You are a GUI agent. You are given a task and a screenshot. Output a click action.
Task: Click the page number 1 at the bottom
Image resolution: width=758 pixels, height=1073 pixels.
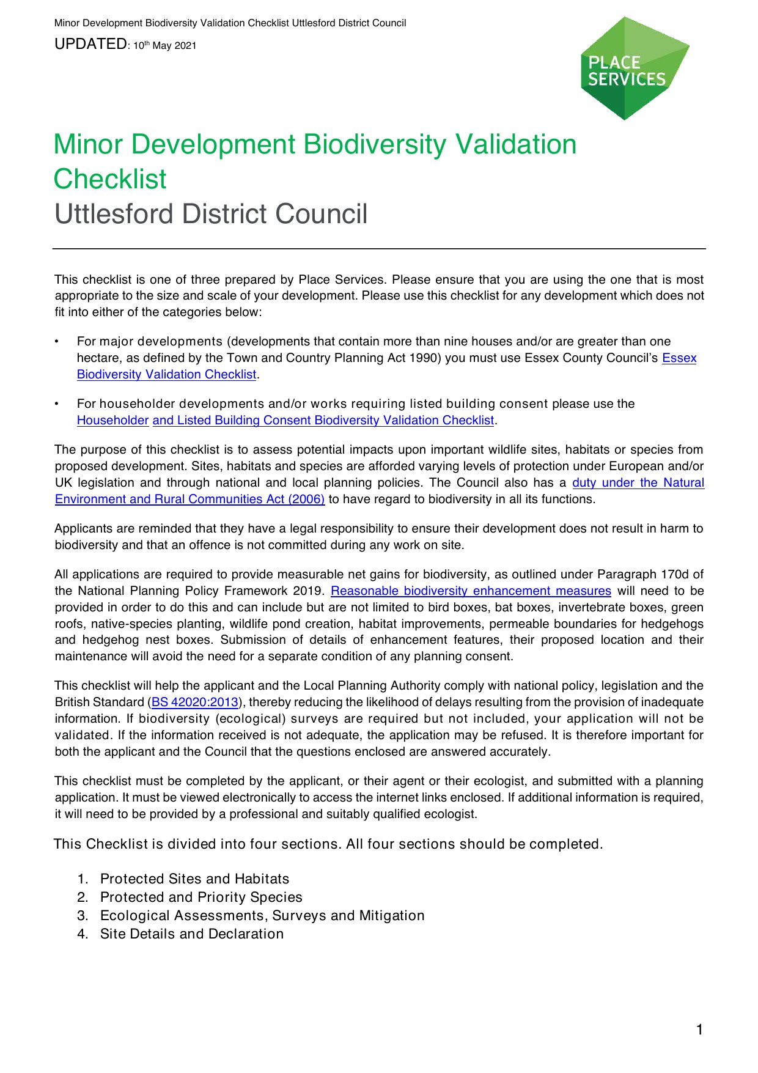pos(699,1030)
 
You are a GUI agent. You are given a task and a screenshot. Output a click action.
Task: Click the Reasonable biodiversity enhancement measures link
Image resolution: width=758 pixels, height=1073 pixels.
pos(471,591)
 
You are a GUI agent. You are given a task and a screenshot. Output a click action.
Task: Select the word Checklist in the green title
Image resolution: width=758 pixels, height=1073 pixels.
pos(110,179)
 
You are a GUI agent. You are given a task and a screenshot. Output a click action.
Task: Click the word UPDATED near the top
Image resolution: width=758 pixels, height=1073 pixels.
pos(90,44)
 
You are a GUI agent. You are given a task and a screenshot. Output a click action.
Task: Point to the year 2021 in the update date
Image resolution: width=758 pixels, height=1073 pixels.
pos(185,46)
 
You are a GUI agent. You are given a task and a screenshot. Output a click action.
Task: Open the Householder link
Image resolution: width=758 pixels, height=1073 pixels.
pos(112,420)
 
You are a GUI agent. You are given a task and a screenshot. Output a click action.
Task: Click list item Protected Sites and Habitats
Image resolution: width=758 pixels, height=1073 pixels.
pos(194,879)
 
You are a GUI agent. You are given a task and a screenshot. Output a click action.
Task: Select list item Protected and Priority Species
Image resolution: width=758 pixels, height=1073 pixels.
pos(201,897)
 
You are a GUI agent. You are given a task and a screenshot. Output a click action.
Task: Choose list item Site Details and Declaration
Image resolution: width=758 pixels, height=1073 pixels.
pos(192,934)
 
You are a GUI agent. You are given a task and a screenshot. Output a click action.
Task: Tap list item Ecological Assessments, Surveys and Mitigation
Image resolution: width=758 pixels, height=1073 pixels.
pos(262,915)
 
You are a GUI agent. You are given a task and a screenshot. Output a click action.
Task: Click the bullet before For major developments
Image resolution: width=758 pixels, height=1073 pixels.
pos(57,341)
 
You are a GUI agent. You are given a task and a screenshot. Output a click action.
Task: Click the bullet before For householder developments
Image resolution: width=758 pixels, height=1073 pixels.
pos(57,404)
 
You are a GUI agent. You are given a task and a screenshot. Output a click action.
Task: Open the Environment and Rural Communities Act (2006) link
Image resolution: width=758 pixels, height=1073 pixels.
pos(189,499)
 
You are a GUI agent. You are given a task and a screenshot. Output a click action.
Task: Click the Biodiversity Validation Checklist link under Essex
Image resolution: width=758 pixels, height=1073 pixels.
pos(166,374)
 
